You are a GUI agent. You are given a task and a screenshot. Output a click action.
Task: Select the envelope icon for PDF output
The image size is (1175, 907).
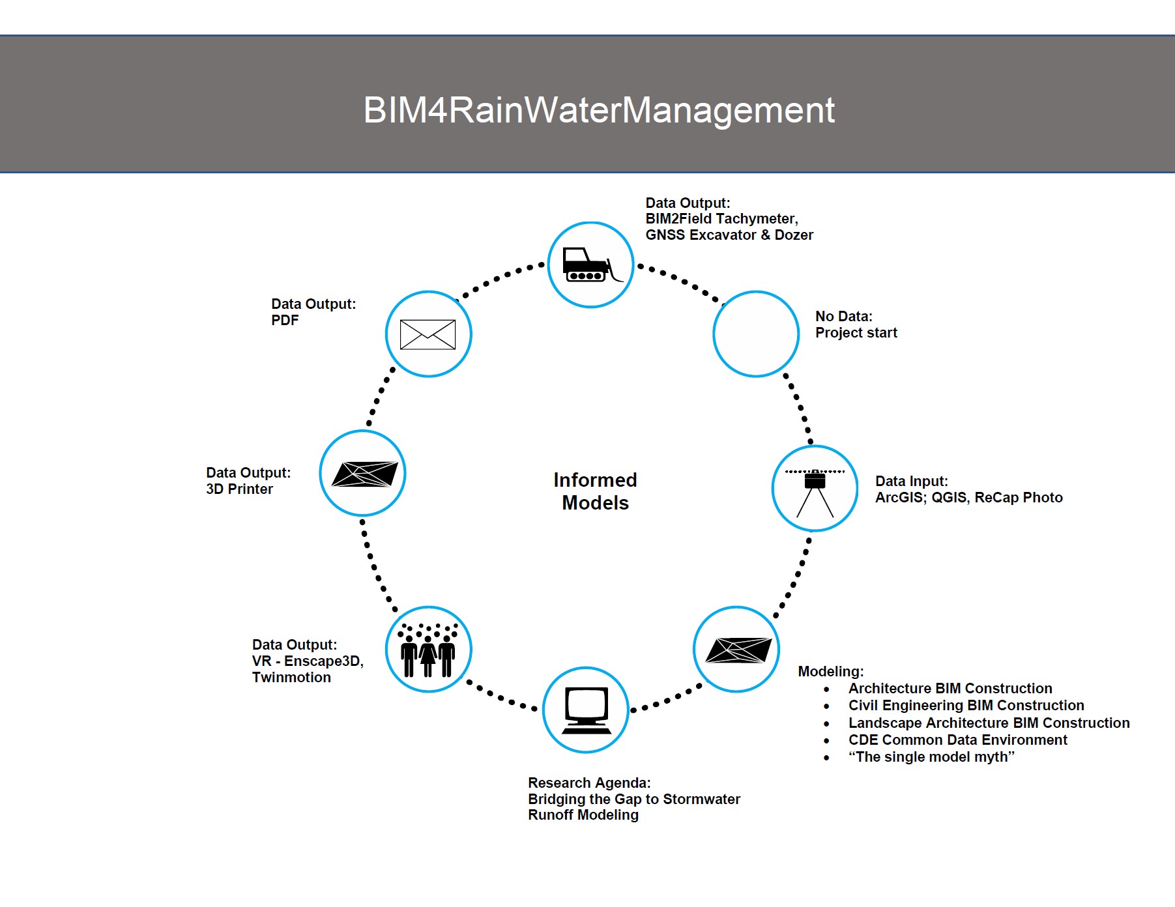[x=428, y=334]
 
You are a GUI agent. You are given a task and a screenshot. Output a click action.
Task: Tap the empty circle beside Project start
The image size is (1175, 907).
[x=756, y=334]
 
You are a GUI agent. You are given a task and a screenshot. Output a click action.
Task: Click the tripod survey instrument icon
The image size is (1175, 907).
[x=815, y=490]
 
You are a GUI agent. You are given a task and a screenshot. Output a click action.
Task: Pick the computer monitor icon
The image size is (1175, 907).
[x=586, y=710]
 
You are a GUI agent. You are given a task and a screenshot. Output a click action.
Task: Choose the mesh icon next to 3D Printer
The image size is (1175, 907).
[x=364, y=474]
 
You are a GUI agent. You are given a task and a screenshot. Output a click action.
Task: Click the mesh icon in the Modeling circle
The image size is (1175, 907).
[x=738, y=650]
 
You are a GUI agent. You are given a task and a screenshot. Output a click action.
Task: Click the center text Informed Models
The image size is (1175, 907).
[x=595, y=491]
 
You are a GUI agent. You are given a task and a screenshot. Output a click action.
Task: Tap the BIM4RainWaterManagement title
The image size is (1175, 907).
[x=598, y=109]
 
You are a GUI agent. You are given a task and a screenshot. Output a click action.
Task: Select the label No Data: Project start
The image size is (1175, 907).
[x=856, y=324]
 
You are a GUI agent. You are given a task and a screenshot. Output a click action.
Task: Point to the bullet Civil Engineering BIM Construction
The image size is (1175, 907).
[x=966, y=706]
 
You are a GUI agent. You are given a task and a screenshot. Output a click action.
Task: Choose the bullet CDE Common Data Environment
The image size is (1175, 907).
[x=957, y=740]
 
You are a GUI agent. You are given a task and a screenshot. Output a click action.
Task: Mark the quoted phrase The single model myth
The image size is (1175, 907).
[x=931, y=757]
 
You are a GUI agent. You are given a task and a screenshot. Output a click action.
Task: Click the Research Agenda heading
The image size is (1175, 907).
[x=589, y=783]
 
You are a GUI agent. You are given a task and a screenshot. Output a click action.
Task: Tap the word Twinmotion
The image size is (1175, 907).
[x=291, y=678]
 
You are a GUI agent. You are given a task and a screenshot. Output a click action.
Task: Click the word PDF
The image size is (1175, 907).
[x=285, y=321]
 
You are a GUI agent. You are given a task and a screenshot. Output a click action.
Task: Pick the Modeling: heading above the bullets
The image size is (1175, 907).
[x=830, y=672]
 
